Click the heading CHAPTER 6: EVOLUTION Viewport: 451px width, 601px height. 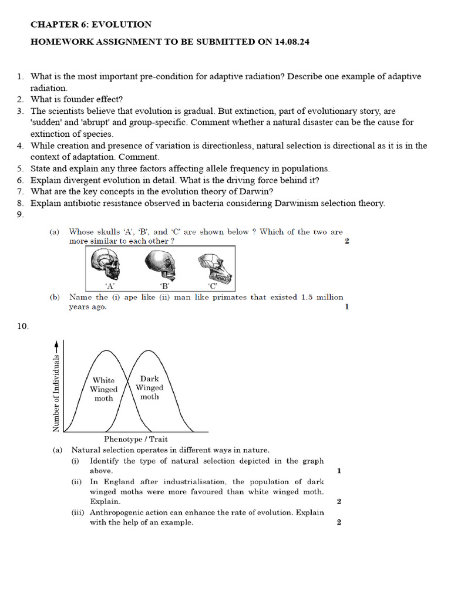pyautogui.click(x=90, y=25)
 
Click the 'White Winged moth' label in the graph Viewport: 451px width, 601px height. pyautogui.click(x=103, y=389)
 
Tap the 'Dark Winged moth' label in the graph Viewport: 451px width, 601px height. pyautogui.click(x=149, y=387)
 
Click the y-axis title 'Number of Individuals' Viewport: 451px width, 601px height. pyautogui.click(x=56, y=393)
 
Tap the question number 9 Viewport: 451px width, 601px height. pyautogui.click(x=20, y=214)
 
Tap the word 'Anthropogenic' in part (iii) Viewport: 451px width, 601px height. pyautogui.click(x=117, y=512)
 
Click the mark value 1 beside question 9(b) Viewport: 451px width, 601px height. pyautogui.click(x=346, y=307)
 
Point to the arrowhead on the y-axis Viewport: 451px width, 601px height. pyautogui.click(x=56, y=345)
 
